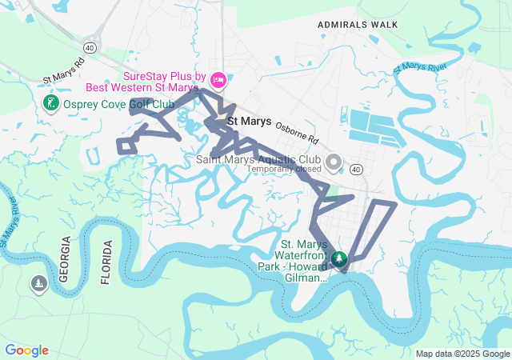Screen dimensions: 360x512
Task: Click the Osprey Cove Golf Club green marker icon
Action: click(50, 104)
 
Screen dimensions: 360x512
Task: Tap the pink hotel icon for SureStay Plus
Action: click(222, 81)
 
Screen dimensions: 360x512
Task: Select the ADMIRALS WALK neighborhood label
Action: click(357, 25)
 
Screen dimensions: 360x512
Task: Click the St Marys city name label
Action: click(250, 122)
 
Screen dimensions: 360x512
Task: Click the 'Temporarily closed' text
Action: click(284, 170)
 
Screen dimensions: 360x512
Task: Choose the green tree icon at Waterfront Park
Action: click(339, 258)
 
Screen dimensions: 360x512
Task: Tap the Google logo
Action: click(26, 350)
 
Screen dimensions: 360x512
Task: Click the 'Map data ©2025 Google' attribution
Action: click(462, 354)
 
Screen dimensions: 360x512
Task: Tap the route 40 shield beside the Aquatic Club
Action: click(355, 170)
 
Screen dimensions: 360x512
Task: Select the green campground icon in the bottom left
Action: click(38, 283)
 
